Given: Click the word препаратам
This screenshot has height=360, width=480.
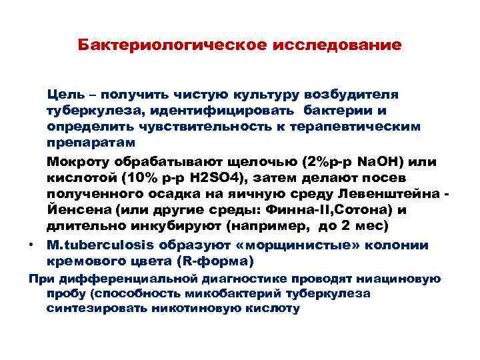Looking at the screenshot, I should [91, 142].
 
